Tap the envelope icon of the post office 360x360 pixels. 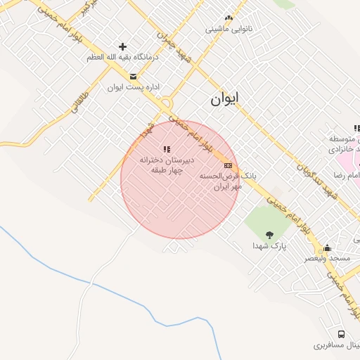[x=133, y=76]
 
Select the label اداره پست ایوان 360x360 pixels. [x=134, y=88]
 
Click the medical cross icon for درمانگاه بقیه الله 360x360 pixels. [x=122, y=46]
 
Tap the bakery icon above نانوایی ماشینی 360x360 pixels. [x=228, y=18]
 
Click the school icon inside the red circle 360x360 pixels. [x=167, y=149]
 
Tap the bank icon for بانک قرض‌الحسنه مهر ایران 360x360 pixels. [x=227, y=165]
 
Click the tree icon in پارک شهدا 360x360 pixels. [x=269, y=235]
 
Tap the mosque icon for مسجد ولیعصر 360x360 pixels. [x=327, y=247]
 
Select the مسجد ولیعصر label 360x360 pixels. [x=327, y=259]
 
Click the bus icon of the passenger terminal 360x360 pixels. [x=341, y=334]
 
